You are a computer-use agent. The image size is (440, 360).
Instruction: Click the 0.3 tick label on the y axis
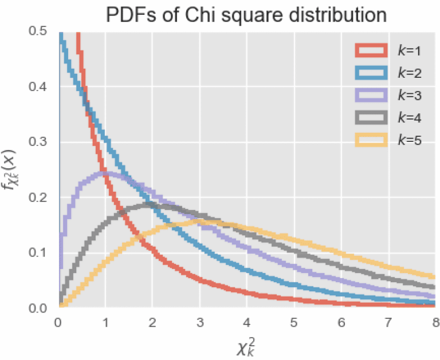pos(40,142)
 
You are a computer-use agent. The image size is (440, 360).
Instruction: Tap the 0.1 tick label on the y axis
pos(40,253)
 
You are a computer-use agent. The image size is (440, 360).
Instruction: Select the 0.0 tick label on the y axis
pos(40,308)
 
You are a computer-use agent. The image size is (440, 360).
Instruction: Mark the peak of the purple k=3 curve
pos(105,173)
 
